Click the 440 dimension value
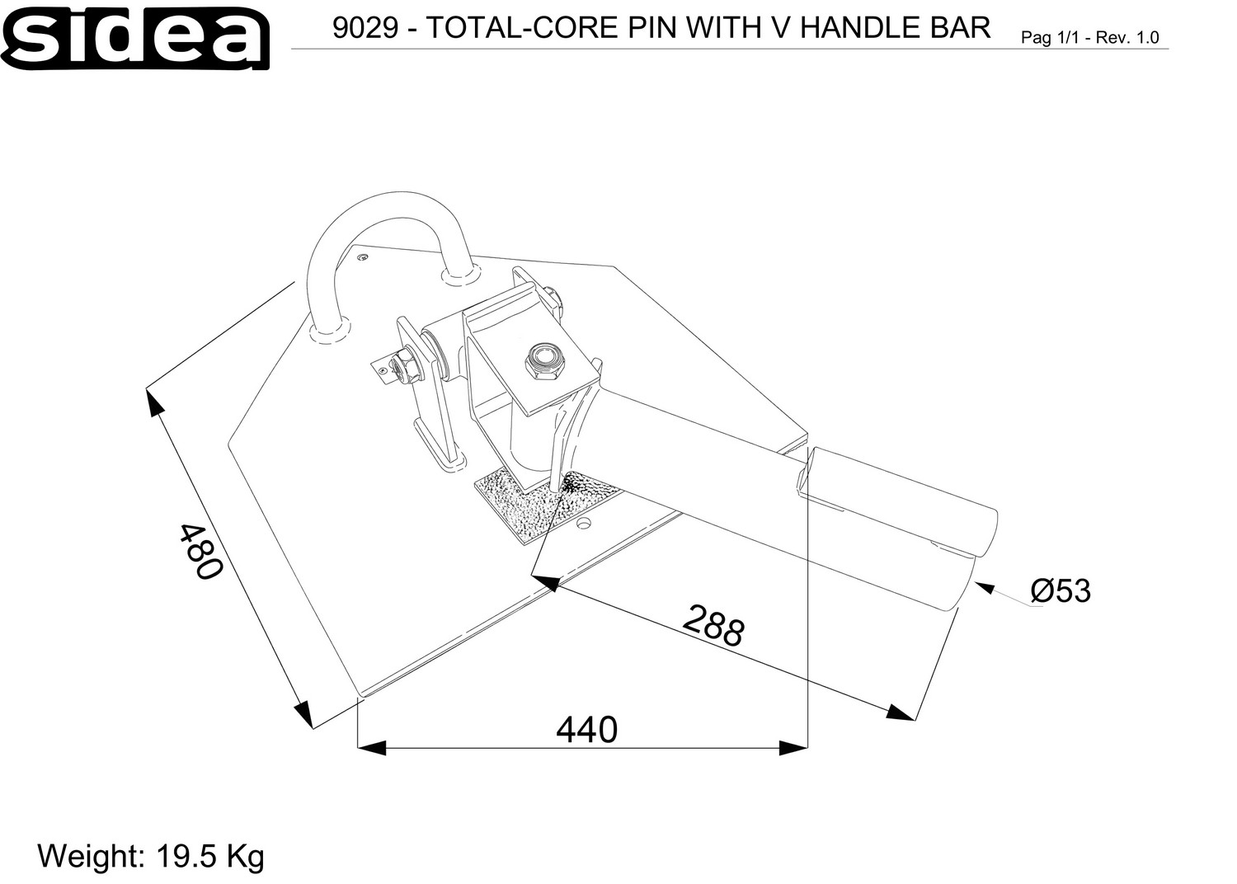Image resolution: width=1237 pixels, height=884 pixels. tap(586, 730)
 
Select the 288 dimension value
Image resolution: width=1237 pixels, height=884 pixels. tap(713, 625)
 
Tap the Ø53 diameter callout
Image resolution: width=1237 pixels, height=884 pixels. tap(1061, 590)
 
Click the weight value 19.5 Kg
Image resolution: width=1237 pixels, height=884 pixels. tap(210, 856)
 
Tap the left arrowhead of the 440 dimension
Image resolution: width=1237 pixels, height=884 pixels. tap(372, 748)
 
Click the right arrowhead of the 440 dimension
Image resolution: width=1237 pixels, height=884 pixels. tap(793, 748)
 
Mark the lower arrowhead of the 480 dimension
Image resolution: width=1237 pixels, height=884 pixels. tap(304, 715)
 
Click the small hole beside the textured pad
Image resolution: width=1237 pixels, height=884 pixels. tap(583, 522)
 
